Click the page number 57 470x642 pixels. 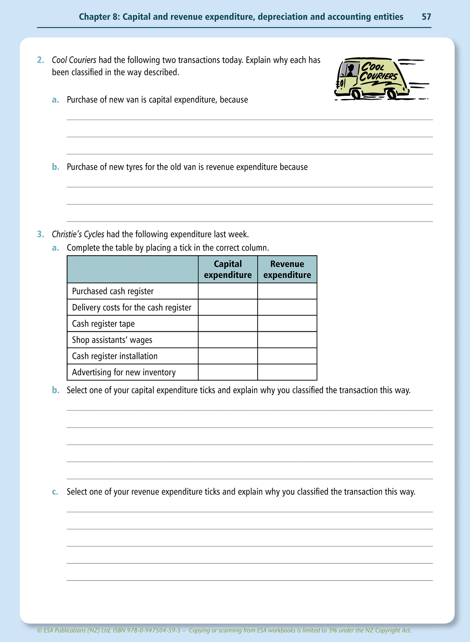pyautogui.click(x=426, y=17)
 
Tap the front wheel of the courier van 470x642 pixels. pyautogui.click(x=356, y=94)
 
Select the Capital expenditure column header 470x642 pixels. pyautogui.click(x=228, y=270)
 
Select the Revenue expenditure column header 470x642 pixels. pyautogui.click(x=287, y=270)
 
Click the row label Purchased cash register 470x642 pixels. pyautogui.click(x=113, y=291)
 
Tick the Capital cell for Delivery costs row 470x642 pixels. pyautogui.click(x=228, y=307)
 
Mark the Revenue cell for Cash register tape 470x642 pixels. pyautogui.click(x=287, y=323)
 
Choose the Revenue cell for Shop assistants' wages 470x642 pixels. pyautogui.click(x=287, y=340)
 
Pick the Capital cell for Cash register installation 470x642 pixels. pyautogui.click(x=228, y=356)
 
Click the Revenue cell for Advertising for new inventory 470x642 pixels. pyautogui.click(x=287, y=372)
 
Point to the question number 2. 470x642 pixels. pyautogui.click(x=40, y=60)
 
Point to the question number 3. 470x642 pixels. pyautogui.click(x=40, y=234)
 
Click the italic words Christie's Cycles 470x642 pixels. pyautogui.click(x=78, y=234)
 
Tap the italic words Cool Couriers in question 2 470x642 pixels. pyautogui.click(x=74, y=60)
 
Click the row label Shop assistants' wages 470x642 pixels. pyautogui.click(x=112, y=340)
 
